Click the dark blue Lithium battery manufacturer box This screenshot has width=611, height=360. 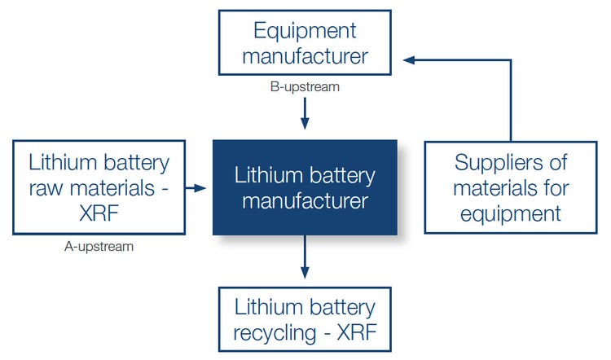click(305, 187)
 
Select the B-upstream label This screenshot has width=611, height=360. click(305, 84)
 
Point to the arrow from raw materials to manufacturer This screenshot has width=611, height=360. click(196, 188)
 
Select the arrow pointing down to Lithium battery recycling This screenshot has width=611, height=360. click(305, 260)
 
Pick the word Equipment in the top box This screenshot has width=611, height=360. click(305, 31)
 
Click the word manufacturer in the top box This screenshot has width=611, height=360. click(305, 56)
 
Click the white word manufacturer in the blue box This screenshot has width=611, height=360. click(305, 200)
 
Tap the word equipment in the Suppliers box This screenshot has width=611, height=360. click(510, 213)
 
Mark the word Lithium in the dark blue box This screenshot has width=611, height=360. click(262, 175)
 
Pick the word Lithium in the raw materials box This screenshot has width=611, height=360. click(55, 161)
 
